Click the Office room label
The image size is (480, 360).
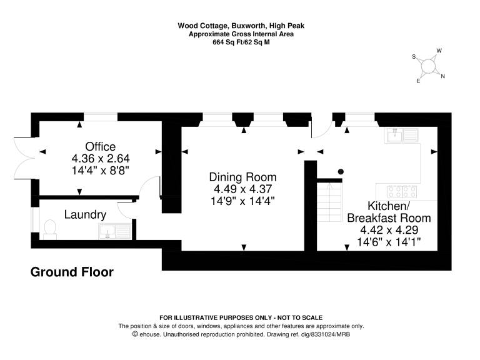(101, 147)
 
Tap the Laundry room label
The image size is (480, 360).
(85, 214)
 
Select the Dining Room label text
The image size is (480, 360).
(242, 177)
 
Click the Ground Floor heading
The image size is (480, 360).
(72, 272)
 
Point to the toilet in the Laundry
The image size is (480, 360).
(50, 230)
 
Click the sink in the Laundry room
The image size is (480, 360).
(115, 231)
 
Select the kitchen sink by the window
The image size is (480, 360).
(402, 135)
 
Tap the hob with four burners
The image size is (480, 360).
(402, 192)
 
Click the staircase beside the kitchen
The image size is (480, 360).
(329, 202)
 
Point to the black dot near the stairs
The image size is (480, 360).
(341, 172)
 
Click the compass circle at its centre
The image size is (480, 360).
(428, 66)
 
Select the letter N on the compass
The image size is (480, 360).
(442, 76)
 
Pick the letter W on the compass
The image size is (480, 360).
(439, 51)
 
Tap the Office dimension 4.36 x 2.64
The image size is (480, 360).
(101, 159)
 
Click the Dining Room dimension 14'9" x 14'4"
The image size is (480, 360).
(242, 201)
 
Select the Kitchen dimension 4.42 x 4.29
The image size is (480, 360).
(389, 230)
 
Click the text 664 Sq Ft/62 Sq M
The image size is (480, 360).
(241, 42)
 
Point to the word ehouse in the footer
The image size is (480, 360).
(150, 334)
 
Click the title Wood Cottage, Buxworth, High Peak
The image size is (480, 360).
(241, 26)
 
